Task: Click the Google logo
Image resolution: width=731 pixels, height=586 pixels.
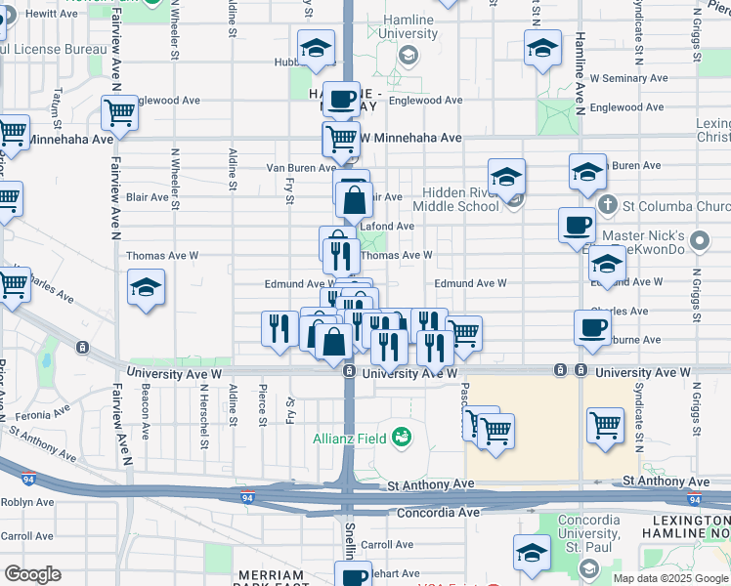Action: pyautogui.click(x=31, y=574)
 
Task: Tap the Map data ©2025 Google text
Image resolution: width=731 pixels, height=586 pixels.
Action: pyautogui.click(x=670, y=578)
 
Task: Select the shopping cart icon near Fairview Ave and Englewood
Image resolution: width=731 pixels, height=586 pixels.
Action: pyautogui.click(x=118, y=111)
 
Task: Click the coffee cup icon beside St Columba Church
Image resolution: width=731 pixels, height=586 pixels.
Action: pyautogui.click(x=577, y=224)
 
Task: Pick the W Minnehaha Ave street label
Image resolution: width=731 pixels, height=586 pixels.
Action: pyautogui.click(x=410, y=138)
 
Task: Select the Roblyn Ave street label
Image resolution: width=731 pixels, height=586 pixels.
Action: pyautogui.click(x=27, y=502)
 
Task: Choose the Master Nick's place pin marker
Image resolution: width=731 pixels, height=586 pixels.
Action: pyautogui.click(x=699, y=239)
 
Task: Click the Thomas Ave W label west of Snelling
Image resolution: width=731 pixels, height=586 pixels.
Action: pyautogui.click(x=162, y=256)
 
